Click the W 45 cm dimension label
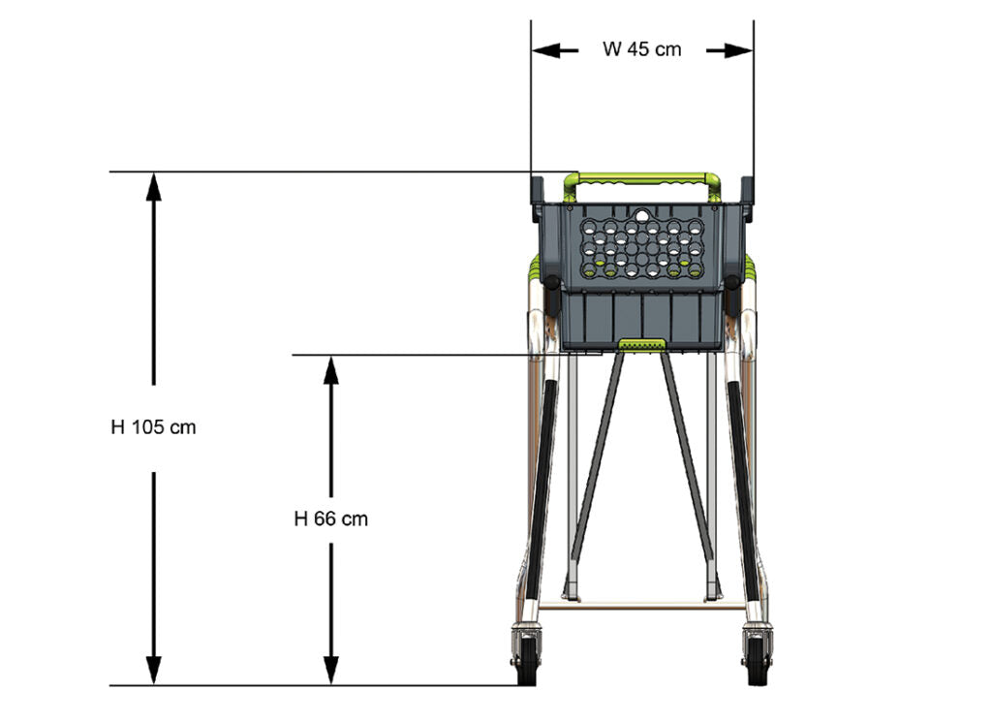pos(641,49)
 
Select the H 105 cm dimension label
pos(153,427)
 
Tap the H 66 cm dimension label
pos(331,518)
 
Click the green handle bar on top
pos(642,179)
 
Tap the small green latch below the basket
pos(641,344)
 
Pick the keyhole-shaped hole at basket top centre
pos(641,216)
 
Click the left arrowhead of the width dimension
pos(546,50)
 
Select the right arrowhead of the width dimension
pos(738,50)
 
